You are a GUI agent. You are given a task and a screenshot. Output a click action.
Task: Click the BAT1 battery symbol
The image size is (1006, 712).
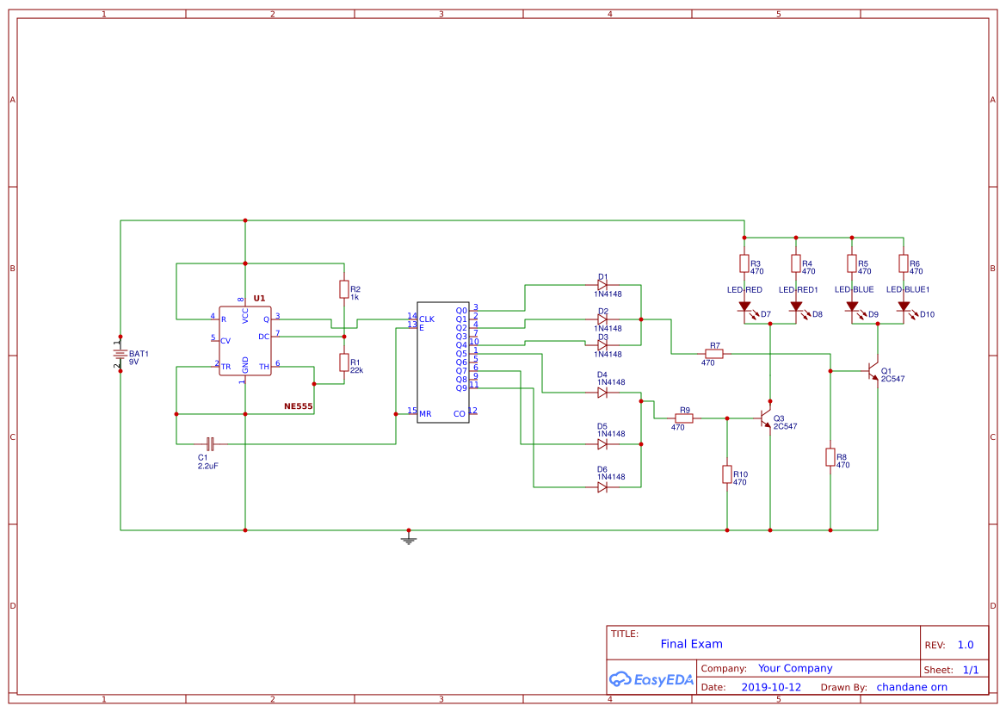coord(120,353)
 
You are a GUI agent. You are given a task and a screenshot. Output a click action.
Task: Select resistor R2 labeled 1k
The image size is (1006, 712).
coord(343,289)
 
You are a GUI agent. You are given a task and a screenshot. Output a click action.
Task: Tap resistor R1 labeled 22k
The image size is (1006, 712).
coord(343,362)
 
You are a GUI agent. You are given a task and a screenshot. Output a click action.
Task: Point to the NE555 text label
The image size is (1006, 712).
coord(299,406)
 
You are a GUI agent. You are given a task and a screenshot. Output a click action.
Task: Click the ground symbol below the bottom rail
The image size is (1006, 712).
coord(409,540)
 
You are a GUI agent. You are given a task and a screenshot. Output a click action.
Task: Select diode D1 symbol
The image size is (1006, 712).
coord(602,285)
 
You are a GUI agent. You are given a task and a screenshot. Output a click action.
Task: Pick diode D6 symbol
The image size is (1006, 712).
coord(602,487)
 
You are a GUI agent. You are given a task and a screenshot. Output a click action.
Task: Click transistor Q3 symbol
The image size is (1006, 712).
coord(765,418)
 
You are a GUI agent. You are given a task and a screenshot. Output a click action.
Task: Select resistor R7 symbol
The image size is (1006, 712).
coord(714,353)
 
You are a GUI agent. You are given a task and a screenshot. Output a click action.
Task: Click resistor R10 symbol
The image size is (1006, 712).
coord(727,474)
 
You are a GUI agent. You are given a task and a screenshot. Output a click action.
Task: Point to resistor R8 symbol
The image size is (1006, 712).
coord(830,457)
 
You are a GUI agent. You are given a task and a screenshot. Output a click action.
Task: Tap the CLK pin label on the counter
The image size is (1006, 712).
coord(427,319)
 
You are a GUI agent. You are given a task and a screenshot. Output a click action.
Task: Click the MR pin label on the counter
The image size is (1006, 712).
coord(425,414)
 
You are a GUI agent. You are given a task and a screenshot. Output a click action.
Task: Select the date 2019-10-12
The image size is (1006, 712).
coord(770,687)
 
